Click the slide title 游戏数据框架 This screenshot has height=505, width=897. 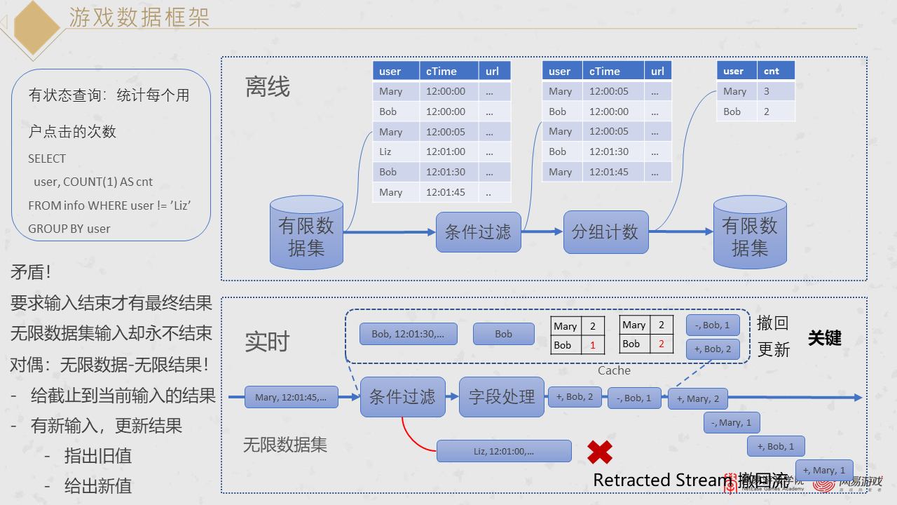139,17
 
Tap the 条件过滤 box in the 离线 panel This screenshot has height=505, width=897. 479,232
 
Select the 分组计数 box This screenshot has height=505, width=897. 605,232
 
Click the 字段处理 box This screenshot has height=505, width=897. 502,397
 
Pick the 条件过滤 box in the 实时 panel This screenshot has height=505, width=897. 402,397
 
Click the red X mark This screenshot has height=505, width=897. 600,452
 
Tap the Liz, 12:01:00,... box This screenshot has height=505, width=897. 504,451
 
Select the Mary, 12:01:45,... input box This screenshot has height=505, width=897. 291,397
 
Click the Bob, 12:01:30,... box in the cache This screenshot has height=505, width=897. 408,334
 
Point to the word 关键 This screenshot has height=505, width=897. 824,338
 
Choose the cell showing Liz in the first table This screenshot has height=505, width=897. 385,151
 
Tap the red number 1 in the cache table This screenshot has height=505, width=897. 592,345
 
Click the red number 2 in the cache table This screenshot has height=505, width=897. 661,344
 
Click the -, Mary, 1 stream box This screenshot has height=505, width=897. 732,422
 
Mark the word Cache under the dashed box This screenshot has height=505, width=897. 614,370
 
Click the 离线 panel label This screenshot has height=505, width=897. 267,87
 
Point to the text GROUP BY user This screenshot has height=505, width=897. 69,229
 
